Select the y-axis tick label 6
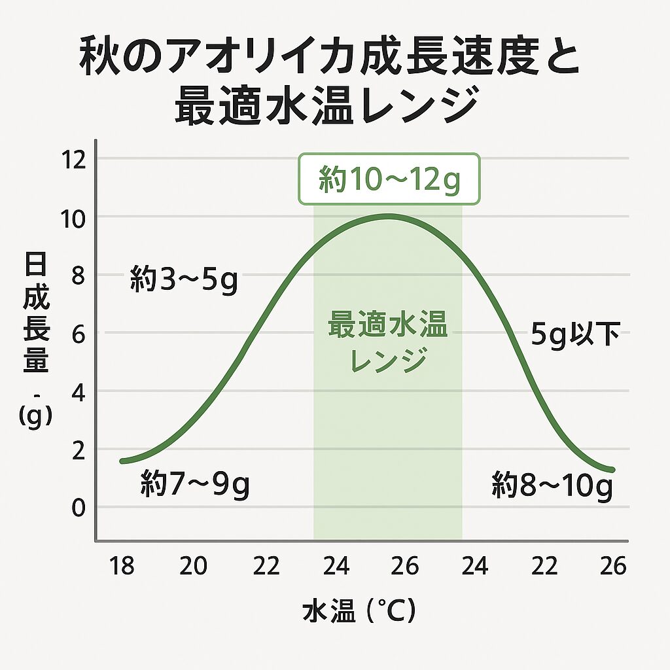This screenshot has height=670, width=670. pos(79,334)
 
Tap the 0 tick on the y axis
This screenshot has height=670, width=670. pos(79,508)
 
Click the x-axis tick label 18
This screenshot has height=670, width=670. pos(122,565)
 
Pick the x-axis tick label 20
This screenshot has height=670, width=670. pos(193,565)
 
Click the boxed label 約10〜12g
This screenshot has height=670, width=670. pos(389,179)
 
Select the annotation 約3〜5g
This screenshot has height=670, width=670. pos(183,280)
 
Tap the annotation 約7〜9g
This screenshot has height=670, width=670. pos(195,486)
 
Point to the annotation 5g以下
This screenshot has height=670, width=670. pos(575,336)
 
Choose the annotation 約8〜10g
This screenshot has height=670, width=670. pos(552,486)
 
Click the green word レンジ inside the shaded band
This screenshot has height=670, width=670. pos(389,359)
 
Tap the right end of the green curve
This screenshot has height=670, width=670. pos(612,470)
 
